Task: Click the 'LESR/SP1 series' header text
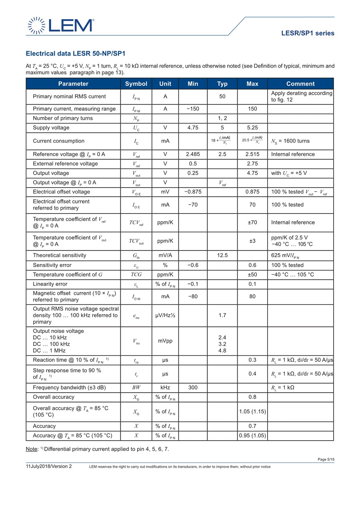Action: (x=308, y=33)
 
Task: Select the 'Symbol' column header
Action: (x=136, y=84)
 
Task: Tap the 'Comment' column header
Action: (x=300, y=84)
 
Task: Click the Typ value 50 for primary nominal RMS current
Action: (x=222, y=96)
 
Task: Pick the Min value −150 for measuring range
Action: (x=193, y=109)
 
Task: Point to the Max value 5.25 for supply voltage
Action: (x=252, y=128)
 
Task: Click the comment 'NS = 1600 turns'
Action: (x=290, y=141)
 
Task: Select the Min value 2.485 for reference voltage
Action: (x=193, y=154)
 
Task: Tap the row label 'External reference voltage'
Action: (x=65, y=164)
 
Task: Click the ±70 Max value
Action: (x=252, y=222)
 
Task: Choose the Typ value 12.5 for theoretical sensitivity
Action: (x=222, y=255)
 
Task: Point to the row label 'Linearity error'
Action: (x=50, y=284)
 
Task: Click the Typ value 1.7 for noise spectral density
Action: (x=222, y=315)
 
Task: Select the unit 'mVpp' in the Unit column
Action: (x=165, y=341)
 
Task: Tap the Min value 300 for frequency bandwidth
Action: (x=193, y=387)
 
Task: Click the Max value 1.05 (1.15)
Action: (x=252, y=411)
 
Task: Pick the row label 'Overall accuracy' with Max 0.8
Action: (x=54, y=397)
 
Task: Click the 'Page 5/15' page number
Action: (x=326, y=459)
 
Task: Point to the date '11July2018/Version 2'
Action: (x=49, y=466)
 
